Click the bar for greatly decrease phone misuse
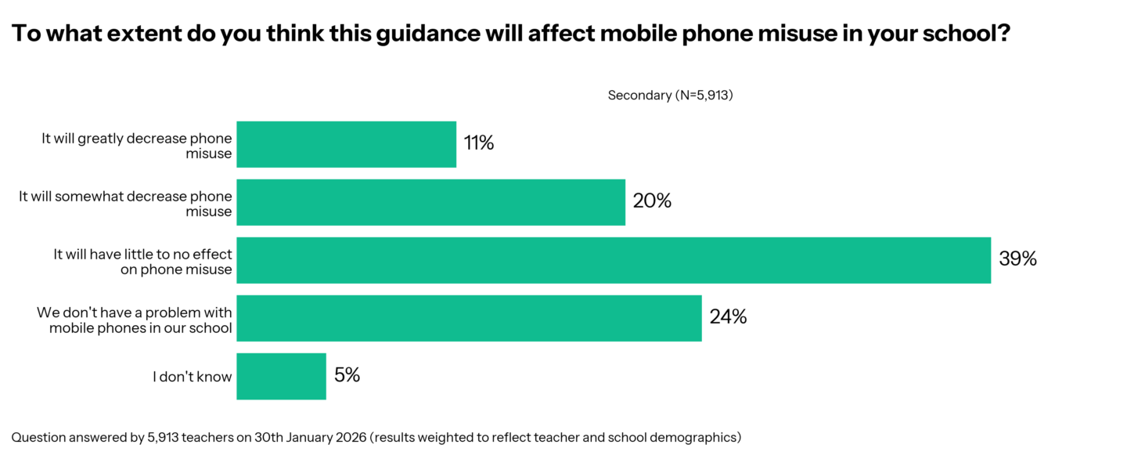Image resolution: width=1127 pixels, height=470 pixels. click(346, 144)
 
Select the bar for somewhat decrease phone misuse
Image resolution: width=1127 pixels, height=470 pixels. click(430, 202)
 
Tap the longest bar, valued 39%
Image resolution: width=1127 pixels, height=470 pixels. click(614, 260)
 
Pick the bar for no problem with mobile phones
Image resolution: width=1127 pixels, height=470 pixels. click(469, 318)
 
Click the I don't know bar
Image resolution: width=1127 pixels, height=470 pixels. click(281, 376)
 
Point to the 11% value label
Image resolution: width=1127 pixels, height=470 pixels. click(479, 143)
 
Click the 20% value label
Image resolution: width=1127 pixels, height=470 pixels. click(652, 201)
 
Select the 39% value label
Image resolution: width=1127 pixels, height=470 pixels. click(1017, 259)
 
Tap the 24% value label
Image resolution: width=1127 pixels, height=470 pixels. click(728, 317)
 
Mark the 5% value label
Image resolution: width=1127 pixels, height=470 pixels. click(347, 375)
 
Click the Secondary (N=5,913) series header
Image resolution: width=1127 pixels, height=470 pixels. click(670, 96)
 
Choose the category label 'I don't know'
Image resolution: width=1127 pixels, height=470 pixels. click(193, 377)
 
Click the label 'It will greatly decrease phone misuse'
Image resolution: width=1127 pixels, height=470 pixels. click(137, 146)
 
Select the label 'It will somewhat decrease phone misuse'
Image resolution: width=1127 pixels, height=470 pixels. click(126, 204)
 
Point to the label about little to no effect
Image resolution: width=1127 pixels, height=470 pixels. click(142, 262)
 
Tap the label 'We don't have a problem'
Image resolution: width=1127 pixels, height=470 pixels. click(135, 320)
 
